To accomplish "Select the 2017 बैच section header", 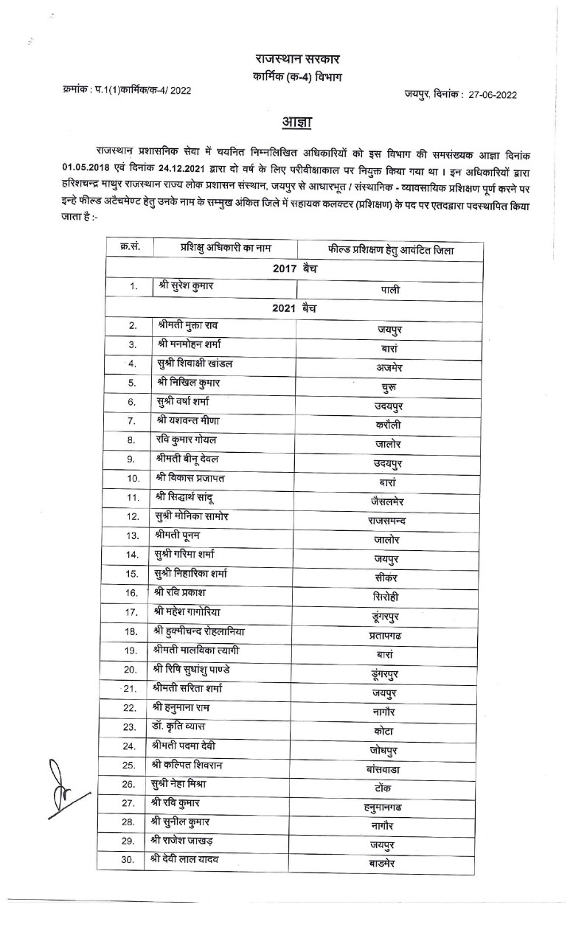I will (295, 268).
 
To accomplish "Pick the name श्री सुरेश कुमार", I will (186, 285).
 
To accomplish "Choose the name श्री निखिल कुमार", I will (189, 382).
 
